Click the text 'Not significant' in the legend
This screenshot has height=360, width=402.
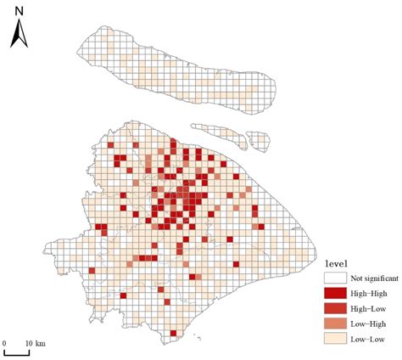tap(371, 278)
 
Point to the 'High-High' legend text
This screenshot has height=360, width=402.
tap(366, 293)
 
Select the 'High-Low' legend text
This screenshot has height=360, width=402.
tap(365, 308)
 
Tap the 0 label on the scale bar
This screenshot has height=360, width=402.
tap(4, 341)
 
